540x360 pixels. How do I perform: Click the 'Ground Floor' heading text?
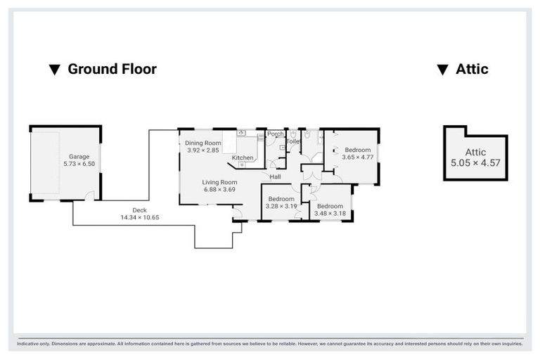112,69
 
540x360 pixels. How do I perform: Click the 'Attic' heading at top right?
472,69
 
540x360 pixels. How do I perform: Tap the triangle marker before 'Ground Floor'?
54,70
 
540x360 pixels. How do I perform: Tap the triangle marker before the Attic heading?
442,70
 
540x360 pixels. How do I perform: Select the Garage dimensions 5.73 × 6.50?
79,164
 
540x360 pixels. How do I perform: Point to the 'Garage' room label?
79,156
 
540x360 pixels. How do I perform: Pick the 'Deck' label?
140,210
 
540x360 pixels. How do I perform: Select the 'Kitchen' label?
243,157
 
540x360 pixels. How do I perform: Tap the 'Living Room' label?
219,182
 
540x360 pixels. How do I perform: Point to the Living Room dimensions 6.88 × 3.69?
219,189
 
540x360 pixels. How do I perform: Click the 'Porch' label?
276,134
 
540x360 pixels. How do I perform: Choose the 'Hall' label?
275,176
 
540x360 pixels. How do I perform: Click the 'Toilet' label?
293,141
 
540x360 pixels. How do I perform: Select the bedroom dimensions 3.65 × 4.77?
357,157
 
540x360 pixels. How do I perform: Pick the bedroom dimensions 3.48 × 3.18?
330,213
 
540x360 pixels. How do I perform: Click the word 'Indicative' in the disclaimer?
30,344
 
